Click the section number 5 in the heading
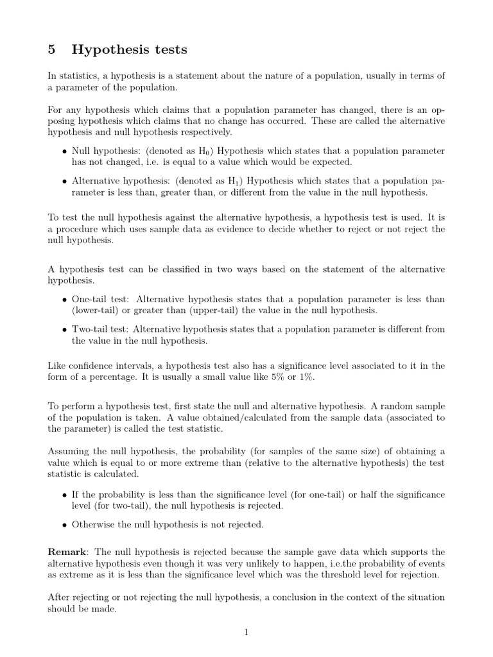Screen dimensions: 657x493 pyautogui.click(x=52, y=49)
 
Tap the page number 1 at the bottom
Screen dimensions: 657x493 pyautogui.click(x=246, y=632)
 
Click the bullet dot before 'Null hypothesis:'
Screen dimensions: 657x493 pyautogui.click(x=64, y=152)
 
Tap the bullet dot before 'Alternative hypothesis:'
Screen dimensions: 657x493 pyautogui.click(x=64, y=182)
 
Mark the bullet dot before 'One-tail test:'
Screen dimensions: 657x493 pyautogui.click(x=64, y=300)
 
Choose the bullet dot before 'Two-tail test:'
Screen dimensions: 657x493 pyautogui.click(x=64, y=330)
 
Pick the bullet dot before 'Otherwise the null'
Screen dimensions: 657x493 pyautogui.click(x=64, y=525)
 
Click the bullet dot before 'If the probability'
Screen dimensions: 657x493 pyautogui.click(x=64, y=495)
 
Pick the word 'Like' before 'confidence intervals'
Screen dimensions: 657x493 pyautogui.click(x=56, y=366)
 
